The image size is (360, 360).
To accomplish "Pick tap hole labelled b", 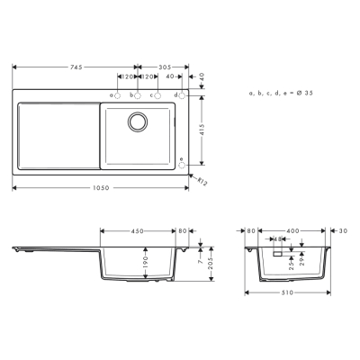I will [138, 94].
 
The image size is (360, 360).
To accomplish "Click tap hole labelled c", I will [158, 94].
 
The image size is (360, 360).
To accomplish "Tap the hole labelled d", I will [182, 94].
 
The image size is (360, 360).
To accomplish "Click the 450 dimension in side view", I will [138, 231].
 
